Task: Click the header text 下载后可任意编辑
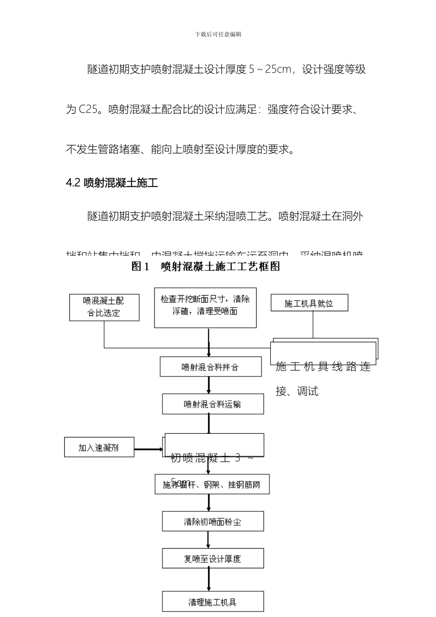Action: point(218,34)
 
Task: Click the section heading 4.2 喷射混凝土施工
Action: point(112,183)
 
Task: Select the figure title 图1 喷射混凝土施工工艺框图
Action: point(206,266)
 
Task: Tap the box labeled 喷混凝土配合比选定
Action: point(104,307)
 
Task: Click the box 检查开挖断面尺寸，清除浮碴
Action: point(205,307)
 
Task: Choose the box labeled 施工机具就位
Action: point(309,303)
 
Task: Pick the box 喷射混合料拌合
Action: point(210,367)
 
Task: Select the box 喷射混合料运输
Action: point(212,404)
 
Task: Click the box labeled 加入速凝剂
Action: point(99,447)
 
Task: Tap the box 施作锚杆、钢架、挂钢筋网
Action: point(212,485)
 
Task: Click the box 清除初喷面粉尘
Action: point(212,522)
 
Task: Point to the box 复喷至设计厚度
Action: point(212,559)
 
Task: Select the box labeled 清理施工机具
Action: point(212,602)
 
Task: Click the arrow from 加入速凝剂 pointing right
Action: point(148,449)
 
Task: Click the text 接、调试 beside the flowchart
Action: point(297,391)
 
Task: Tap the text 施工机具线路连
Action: point(323,367)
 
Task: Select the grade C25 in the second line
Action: point(88,109)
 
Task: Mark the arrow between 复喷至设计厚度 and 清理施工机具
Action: point(209,579)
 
